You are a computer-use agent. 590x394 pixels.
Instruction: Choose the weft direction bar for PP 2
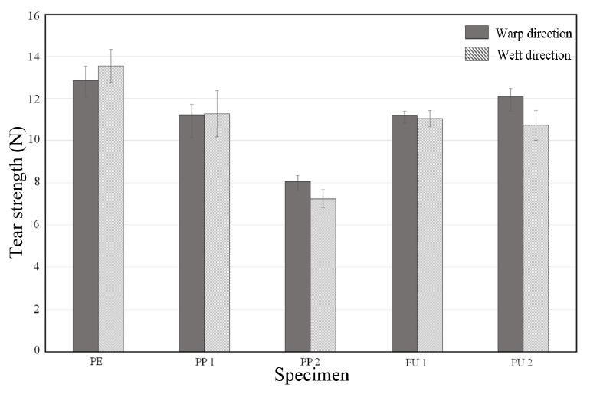pos(323,275)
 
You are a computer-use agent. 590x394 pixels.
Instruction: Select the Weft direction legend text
pos(533,55)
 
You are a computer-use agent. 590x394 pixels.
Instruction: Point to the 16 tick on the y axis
pos(34,15)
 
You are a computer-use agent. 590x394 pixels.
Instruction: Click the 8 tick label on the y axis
pos(36,183)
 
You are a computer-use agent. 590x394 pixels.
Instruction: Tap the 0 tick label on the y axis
pos(36,351)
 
